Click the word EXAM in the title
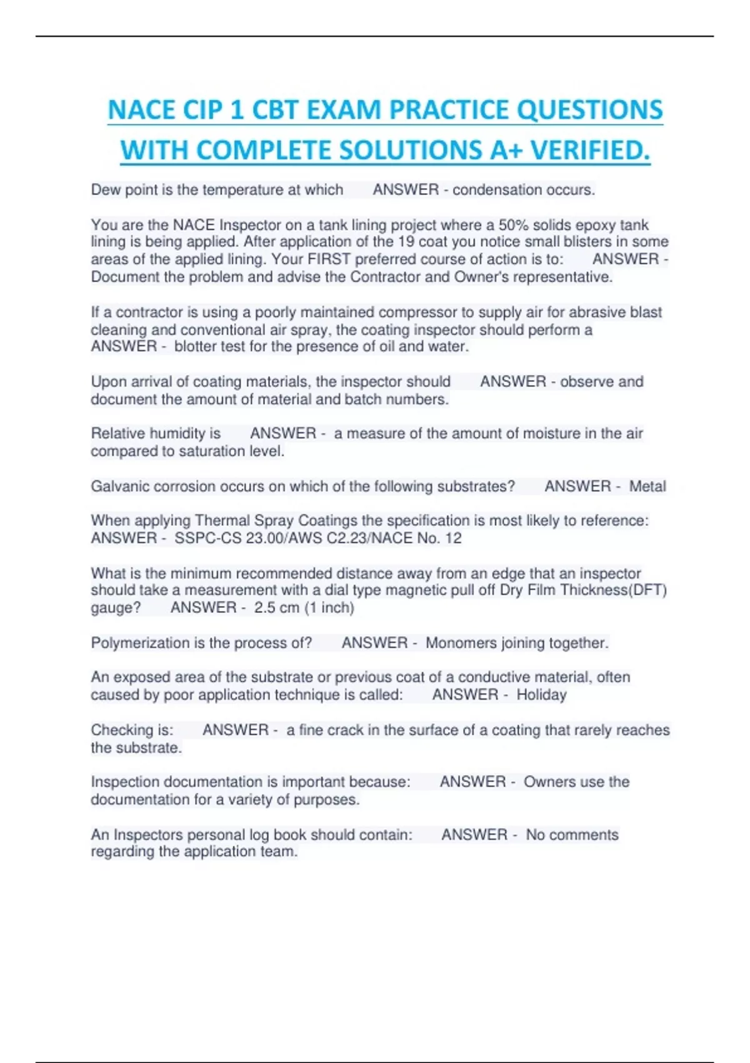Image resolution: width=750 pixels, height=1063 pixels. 338,110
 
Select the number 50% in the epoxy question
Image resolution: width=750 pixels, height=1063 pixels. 513,224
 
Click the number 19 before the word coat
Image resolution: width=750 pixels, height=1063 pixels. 406,242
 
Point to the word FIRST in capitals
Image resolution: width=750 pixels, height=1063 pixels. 329,259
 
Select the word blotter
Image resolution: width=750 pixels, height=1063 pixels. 197,347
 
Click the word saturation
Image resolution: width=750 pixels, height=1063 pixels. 204,451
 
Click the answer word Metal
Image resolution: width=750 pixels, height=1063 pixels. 647,486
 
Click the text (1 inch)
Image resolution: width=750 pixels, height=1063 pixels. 329,608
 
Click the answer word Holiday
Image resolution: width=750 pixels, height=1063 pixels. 541,695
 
